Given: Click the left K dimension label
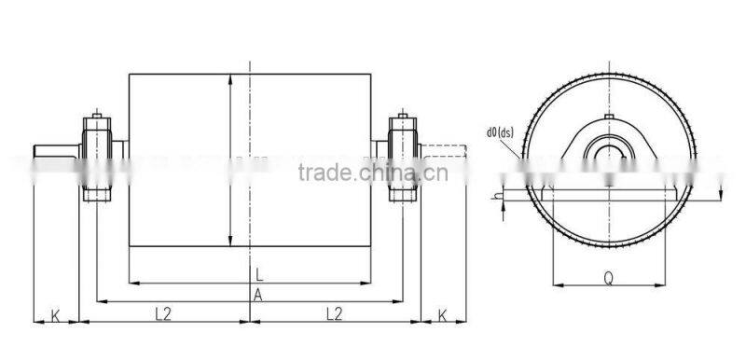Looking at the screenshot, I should (55, 314).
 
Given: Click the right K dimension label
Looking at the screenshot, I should (443, 314).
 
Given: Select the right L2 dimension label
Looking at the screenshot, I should (333, 314).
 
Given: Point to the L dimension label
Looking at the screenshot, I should (258, 273).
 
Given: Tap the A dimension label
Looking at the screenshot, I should (258, 294).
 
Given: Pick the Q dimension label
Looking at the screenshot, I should (608, 276).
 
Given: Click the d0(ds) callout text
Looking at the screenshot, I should (501, 132).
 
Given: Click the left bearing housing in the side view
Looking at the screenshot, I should (99, 158).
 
